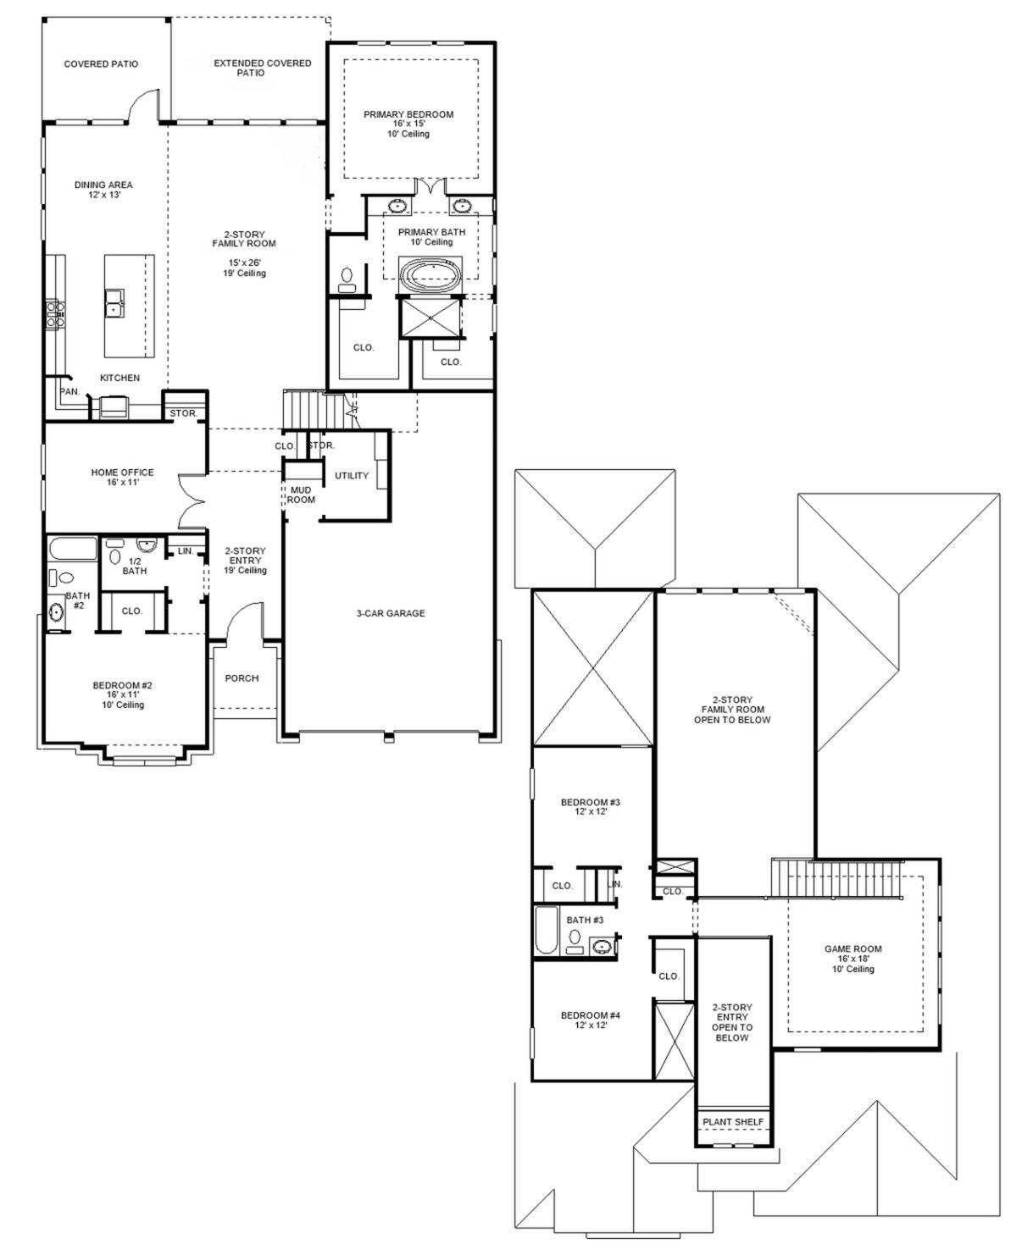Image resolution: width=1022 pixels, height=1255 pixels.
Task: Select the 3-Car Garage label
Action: point(390,613)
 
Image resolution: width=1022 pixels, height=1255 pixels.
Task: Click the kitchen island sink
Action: point(114,301)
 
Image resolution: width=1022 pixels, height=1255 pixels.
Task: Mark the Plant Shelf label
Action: point(733,1122)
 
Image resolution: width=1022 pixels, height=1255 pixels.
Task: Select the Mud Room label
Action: point(301,495)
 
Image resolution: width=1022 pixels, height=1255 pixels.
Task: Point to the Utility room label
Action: point(351,476)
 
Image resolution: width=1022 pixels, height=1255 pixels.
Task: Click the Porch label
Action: point(242,678)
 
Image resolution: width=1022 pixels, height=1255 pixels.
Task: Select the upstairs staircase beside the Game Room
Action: point(835,878)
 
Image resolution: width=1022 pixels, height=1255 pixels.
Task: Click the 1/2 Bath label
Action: point(134,566)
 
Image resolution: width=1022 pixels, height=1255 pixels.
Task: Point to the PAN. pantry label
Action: point(69,391)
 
